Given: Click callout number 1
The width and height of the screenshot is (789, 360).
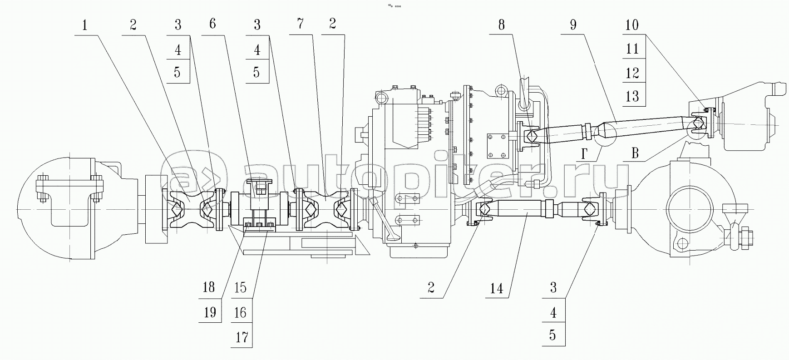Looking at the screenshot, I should pos(84,25).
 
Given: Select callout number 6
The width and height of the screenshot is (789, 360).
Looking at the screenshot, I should pos(212,24).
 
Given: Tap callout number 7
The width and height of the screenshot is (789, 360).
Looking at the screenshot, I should pos(301,24).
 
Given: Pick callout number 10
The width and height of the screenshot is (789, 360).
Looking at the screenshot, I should pos(632,25).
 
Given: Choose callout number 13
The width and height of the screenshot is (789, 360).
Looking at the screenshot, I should pos(632,96).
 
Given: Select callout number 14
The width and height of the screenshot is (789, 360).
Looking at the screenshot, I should pos(497,288).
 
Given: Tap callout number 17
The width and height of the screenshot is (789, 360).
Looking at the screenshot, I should pos(242,337).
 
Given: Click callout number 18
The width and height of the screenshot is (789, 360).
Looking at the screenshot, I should pos(209,287).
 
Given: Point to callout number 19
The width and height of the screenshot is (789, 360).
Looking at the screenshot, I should pos(209,313).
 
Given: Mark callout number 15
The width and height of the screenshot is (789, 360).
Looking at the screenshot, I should pos(240,287).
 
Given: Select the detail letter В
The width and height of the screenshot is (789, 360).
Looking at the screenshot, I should pos(635,153).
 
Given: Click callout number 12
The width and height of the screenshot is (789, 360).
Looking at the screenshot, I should pos(632,73).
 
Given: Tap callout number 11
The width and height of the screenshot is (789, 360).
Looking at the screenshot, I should pos(632,49).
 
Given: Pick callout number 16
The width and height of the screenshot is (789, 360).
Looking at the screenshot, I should pos(240,313).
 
